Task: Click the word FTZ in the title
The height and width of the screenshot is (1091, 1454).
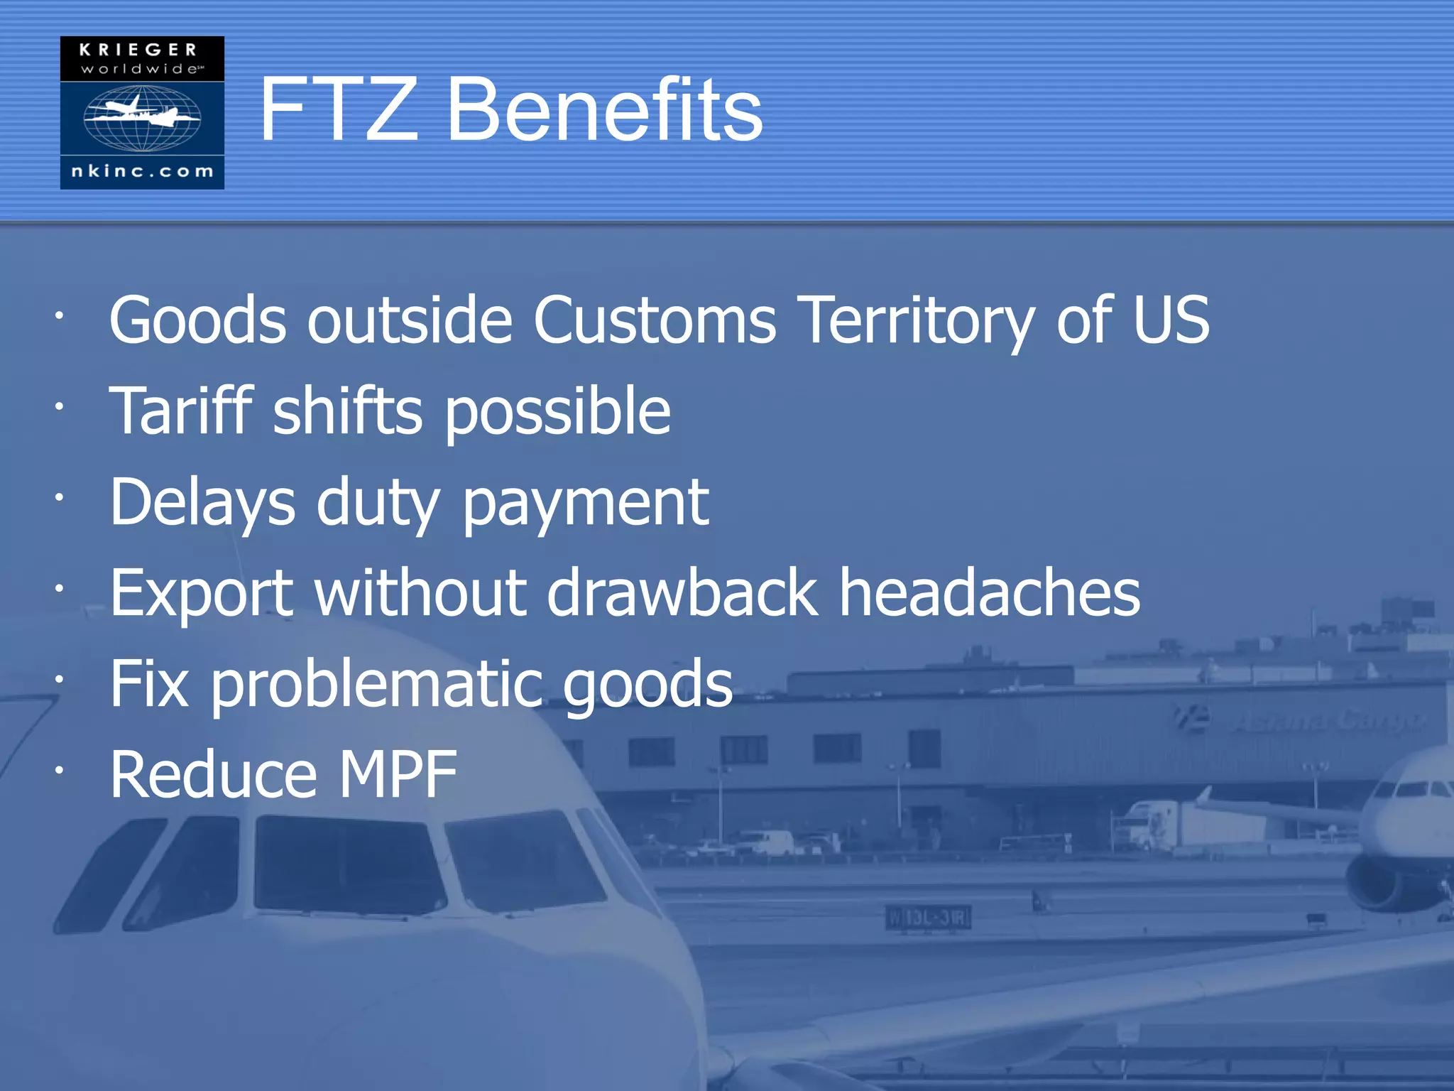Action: click(x=339, y=110)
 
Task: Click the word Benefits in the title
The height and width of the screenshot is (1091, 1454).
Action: click(x=604, y=110)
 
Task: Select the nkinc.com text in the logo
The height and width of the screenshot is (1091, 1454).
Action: click(x=142, y=171)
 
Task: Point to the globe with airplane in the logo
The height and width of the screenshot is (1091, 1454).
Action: click(x=142, y=118)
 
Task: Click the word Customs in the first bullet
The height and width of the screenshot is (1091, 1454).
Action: click(x=655, y=320)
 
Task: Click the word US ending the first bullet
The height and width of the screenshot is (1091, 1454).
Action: click(x=1171, y=320)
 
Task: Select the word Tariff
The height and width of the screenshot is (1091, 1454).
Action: click(x=182, y=411)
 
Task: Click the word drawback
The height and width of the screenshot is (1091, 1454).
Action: click(x=682, y=593)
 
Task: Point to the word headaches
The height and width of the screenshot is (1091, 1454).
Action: click(x=990, y=593)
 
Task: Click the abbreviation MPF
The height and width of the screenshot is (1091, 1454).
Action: click(x=398, y=775)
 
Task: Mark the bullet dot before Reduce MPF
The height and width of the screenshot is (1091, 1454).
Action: click(x=60, y=770)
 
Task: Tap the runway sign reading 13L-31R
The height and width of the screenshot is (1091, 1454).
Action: click(x=929, y=918)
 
